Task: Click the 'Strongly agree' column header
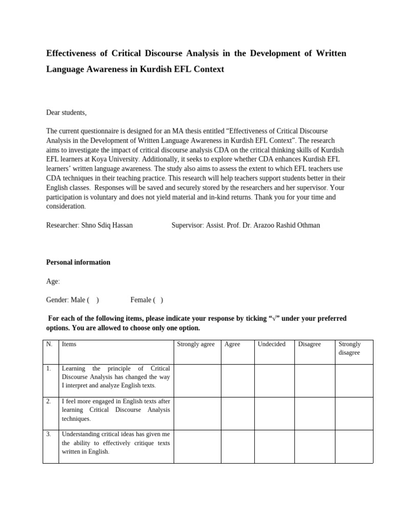[195, 344]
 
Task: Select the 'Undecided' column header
[272, 344]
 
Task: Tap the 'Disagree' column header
[310, 344]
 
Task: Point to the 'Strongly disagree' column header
[350, 348]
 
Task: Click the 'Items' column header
[69, 344]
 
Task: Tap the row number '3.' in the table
[49, 434]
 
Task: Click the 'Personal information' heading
[78, 263]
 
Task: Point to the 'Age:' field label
[53, 281]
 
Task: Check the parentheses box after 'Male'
[93, 300]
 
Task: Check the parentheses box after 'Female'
[158, 300]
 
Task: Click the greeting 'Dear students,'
[67, 113]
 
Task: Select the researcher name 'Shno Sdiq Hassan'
[108, 225]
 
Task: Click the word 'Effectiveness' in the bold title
[74, 53]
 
